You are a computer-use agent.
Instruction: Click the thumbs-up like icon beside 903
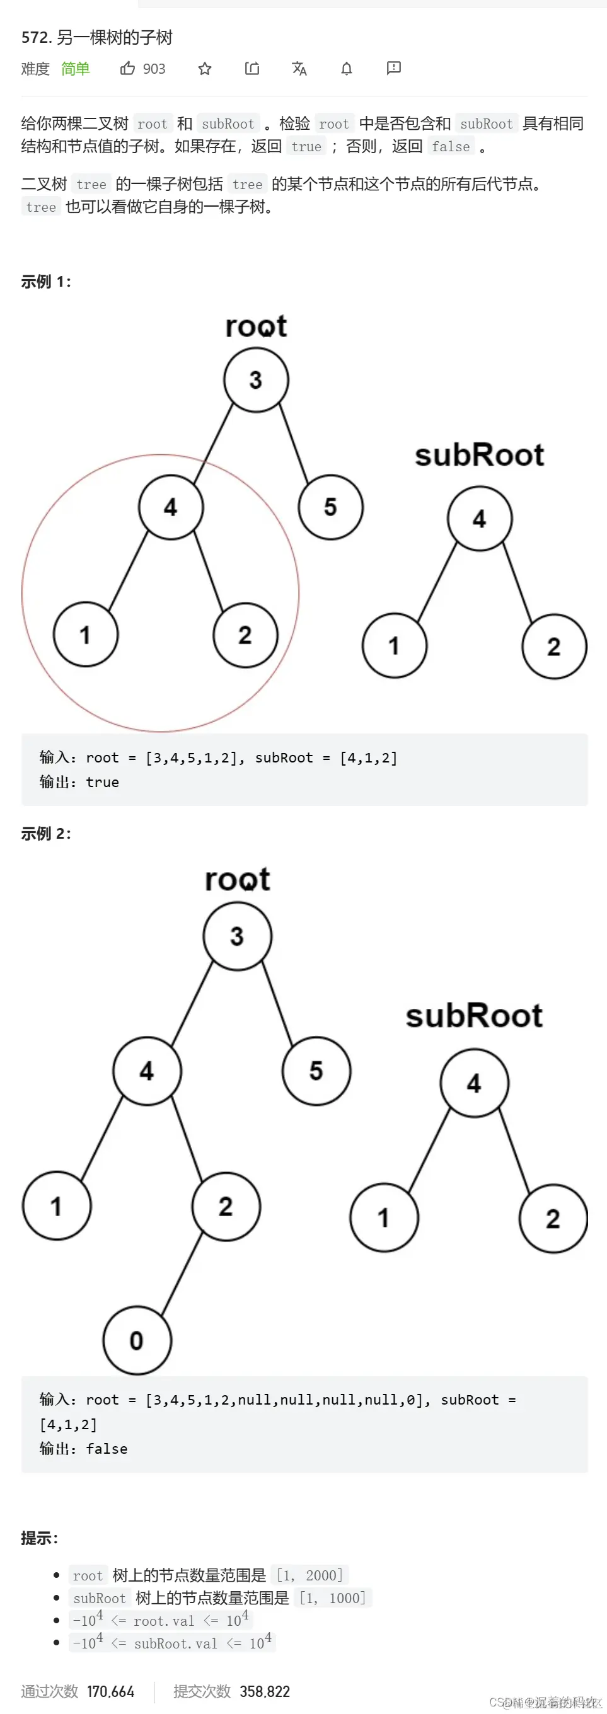click(x=127, y=69)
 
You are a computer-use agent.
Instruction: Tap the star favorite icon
click(x=205, y=69)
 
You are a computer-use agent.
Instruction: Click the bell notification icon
click(x=347, y=69)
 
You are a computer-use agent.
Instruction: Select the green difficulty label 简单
click(x=75, y=69)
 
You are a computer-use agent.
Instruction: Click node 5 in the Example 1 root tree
click(x=331, y=507)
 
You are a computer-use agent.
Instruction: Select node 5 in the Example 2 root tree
click(x=316, y=1071)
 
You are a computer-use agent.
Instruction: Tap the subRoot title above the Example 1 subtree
click(x=479, y=456)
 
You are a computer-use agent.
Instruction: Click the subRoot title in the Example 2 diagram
click(x=474, y=1016)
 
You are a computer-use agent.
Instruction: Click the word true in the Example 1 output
click(x=103, y=783)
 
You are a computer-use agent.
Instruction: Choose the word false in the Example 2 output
click(x=107, y=1449)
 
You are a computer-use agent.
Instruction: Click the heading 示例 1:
click(x=46, y=282)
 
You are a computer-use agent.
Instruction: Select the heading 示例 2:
click(x=46, y=834)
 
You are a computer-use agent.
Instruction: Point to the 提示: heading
click(x=39, y=1538)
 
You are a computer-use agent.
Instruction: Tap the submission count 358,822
click(x=265, y=1691)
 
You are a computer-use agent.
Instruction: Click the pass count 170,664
click(x=110, y=1691)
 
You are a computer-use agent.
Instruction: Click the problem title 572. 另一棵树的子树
click(x=97, y=37)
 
